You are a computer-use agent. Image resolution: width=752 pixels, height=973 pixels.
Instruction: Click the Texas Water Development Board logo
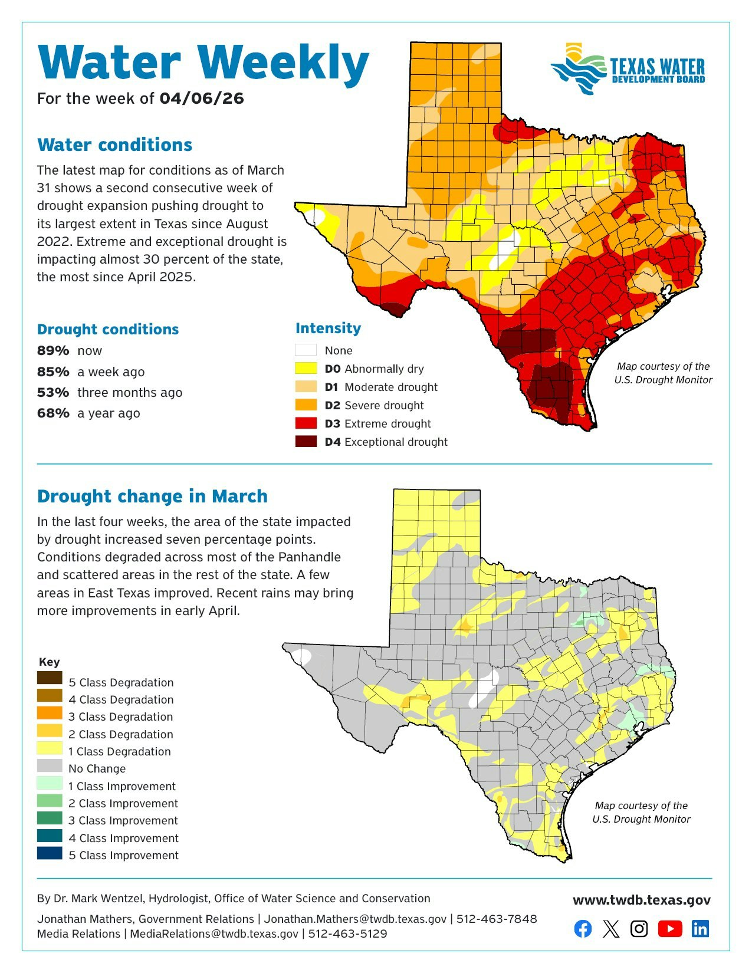(628, 68)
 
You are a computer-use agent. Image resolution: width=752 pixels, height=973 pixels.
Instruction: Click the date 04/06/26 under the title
(201, 98)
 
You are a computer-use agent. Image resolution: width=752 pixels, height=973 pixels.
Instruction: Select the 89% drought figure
(53, 351)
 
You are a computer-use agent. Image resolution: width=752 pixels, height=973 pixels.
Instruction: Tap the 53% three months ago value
(53, 393)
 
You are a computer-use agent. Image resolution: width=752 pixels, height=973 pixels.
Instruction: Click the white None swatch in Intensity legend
(306, 350)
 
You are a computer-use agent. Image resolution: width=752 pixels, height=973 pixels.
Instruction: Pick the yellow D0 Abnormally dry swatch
(306, 369)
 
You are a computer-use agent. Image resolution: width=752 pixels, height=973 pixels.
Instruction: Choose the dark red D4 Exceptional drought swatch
(306, 442)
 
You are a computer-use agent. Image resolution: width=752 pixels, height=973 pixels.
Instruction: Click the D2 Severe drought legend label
(374, 405)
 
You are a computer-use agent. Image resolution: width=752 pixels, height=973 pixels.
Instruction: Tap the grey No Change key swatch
(50, 765)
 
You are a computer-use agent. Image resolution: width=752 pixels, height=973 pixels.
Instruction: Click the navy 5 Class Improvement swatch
(50, 853)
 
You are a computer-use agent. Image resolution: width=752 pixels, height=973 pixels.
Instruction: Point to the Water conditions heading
(114, 145)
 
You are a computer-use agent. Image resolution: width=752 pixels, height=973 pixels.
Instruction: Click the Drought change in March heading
(152, 496)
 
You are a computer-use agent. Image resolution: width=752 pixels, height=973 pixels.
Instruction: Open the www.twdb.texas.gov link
(641, 900)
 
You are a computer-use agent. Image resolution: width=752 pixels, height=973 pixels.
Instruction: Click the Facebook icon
(583, 929)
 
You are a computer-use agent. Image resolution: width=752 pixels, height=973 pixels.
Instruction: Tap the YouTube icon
(669, 929)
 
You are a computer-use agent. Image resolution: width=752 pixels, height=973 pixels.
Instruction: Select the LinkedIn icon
(700, 929)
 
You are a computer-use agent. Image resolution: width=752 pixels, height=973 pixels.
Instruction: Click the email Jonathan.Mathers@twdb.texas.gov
(354, 919)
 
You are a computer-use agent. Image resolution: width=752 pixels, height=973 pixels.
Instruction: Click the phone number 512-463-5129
(347, 933)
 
